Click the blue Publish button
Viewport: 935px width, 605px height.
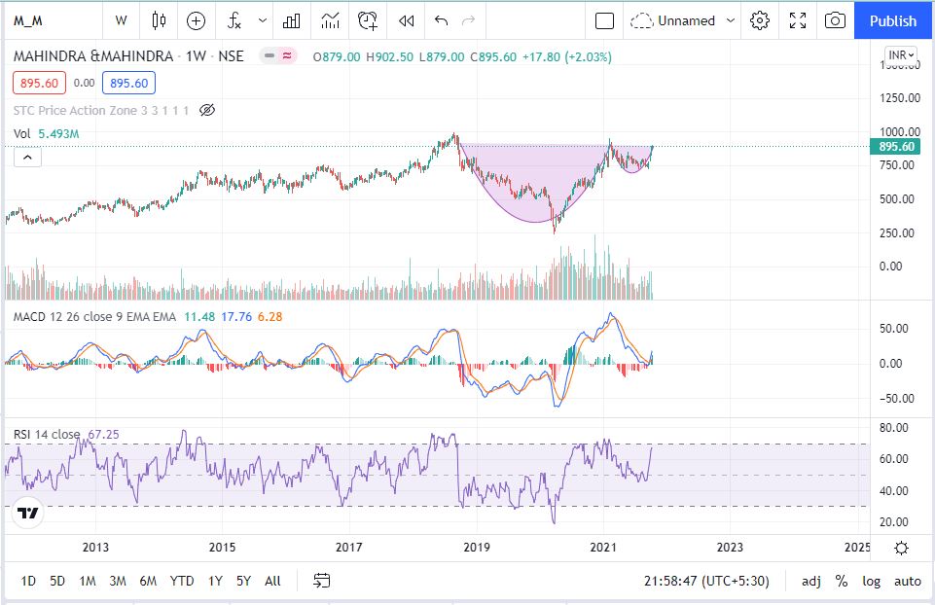(892, 20)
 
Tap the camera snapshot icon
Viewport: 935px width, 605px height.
(834, 20)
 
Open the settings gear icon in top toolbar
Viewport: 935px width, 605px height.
(760, 20)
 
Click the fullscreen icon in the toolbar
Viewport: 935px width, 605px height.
(798, 20)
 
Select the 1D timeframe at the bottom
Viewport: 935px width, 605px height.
(28, 581)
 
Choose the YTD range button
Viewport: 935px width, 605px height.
(182, 581)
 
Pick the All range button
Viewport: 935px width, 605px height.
(272, 581)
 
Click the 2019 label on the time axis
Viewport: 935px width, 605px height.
(476, 547)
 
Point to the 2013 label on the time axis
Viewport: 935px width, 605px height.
(95, 547)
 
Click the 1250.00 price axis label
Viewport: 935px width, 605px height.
(900, 97)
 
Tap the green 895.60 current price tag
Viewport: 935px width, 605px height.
(895, 146)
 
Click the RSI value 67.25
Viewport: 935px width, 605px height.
(103, 434)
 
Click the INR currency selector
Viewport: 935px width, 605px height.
(901, 55)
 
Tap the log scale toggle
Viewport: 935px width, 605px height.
(872, 581)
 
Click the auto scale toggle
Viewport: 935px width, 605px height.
(908, 581)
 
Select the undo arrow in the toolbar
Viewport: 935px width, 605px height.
(442, 20)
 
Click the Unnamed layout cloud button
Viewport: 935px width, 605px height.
(672, 20)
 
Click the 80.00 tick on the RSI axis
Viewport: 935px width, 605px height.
(893, 427)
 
